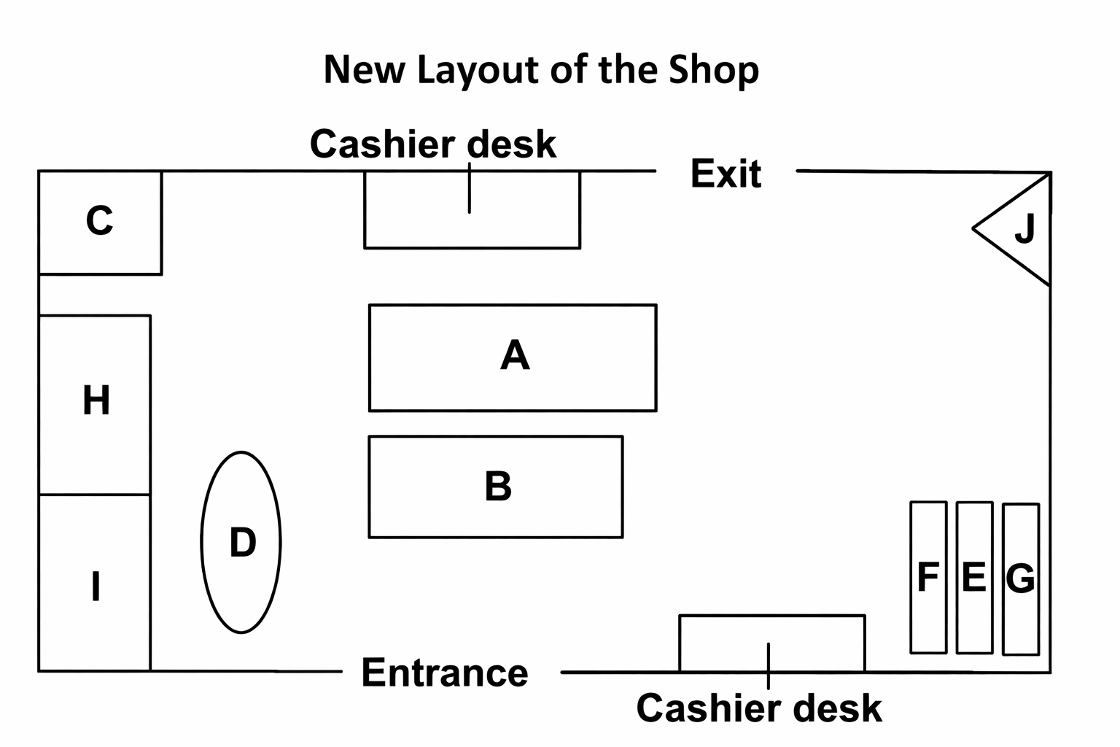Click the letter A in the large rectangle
(515, 356)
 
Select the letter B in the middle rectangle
(498, 486)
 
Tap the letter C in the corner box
(100, 221)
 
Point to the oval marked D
(241, 542)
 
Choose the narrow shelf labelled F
(928, 577)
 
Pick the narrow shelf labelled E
(974, 577)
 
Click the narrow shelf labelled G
(1021, 578)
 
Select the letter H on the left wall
(96, 400)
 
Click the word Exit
(726, 174)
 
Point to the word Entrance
(445, 673)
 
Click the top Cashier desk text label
(433, 144)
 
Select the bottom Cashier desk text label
(759, 708)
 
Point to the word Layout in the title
(479, 71)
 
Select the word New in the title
(363, 69)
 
